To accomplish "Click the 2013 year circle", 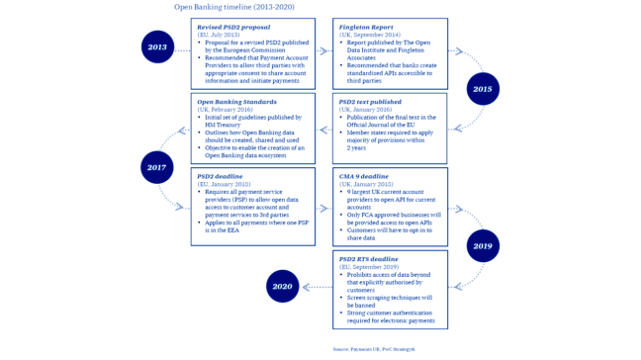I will [157, 46].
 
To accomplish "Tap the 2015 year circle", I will [482, 88].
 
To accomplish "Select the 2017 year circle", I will [156, 167].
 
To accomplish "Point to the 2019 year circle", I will [482, 245].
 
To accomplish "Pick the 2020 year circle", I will [282, 287].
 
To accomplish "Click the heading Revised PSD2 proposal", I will [234, 28].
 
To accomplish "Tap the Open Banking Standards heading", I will [237, 102].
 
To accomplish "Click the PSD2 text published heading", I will [372, 102].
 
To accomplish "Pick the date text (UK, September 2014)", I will [370, 35].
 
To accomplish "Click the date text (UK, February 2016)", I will [223, 109].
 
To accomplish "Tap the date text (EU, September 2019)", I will [370, 266].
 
